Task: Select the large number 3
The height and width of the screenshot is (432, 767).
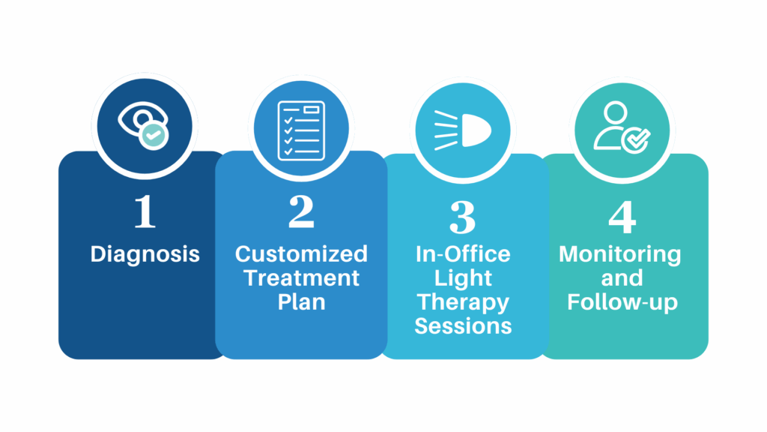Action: click(462, 217)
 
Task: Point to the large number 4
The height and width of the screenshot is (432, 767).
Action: click(622, 217)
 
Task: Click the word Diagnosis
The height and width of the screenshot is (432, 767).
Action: click(145, 254)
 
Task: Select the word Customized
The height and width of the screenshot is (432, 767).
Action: click(301, 253)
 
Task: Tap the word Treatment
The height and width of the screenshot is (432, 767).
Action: click(301, 277)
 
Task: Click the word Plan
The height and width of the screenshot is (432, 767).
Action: click(301, 301)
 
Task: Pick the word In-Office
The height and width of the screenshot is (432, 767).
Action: click(463, 253)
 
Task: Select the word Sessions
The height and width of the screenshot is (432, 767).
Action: click(463, 325)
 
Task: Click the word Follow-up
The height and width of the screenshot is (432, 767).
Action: click(622, 302)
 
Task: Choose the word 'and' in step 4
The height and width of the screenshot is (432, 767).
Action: click(622, 277)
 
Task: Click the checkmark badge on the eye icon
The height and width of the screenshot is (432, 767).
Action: click(154, 135)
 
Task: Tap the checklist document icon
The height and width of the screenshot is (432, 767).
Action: click(301, 130)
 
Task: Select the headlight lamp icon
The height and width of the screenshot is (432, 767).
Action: click(462, 130)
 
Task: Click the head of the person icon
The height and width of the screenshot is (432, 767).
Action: click(615, 112)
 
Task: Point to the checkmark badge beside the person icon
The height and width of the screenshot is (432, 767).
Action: click(636, 139)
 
